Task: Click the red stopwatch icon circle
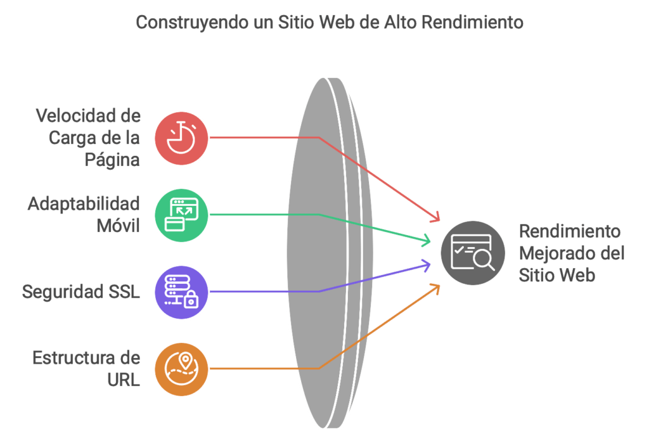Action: click(x=181, y=138)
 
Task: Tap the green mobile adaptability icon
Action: click(x=181, y=215)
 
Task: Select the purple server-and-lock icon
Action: click(x=181, y=292)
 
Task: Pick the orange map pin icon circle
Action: click(x=181, y=369)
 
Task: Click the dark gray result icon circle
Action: click(x=473, y=253)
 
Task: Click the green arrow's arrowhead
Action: click(x=427, y=240)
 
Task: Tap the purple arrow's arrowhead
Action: click(x=427, y=265)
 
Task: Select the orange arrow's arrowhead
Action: click(x=435, y=288)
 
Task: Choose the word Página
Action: click(x=112, y=160)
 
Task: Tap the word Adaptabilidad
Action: click(x=84, y=204)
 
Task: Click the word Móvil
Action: click(x=118, y=226)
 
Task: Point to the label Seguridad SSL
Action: click(x=81, y=291)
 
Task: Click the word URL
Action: click(x=124, y=380)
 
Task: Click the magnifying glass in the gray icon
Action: click(x=484, y=260)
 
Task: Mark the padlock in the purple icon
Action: click(x=191, y=300)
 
